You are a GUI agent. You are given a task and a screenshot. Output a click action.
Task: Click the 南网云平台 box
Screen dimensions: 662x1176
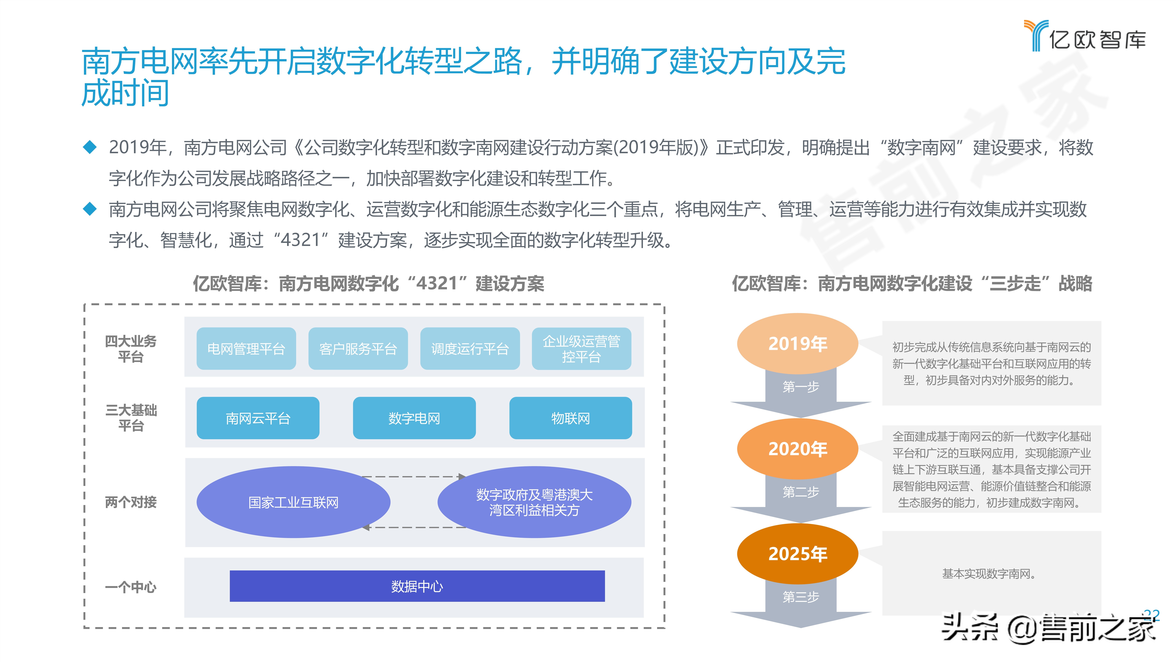[x=258, y=418]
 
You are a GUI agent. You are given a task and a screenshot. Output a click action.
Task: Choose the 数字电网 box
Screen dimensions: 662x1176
[x=414, y=418]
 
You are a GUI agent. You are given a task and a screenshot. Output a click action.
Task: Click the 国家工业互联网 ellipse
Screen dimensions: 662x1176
[x=293, y=502]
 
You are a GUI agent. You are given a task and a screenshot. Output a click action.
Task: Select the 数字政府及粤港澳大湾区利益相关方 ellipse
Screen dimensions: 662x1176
[x=534, y=502]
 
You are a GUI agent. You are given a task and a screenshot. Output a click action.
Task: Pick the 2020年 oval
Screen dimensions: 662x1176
[x=797, y=449]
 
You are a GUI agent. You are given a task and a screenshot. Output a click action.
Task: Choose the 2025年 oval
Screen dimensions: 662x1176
[x=797, y=554]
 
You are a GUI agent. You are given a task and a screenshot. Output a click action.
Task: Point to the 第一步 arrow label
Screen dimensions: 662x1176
[x=801, y=387]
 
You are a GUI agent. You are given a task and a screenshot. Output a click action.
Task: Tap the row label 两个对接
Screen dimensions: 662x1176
[x=131, y=502]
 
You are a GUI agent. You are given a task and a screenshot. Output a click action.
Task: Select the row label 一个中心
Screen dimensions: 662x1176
[x=131, y=587]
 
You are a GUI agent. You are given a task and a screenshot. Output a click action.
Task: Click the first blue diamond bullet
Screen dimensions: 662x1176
[x=90, y=147]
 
